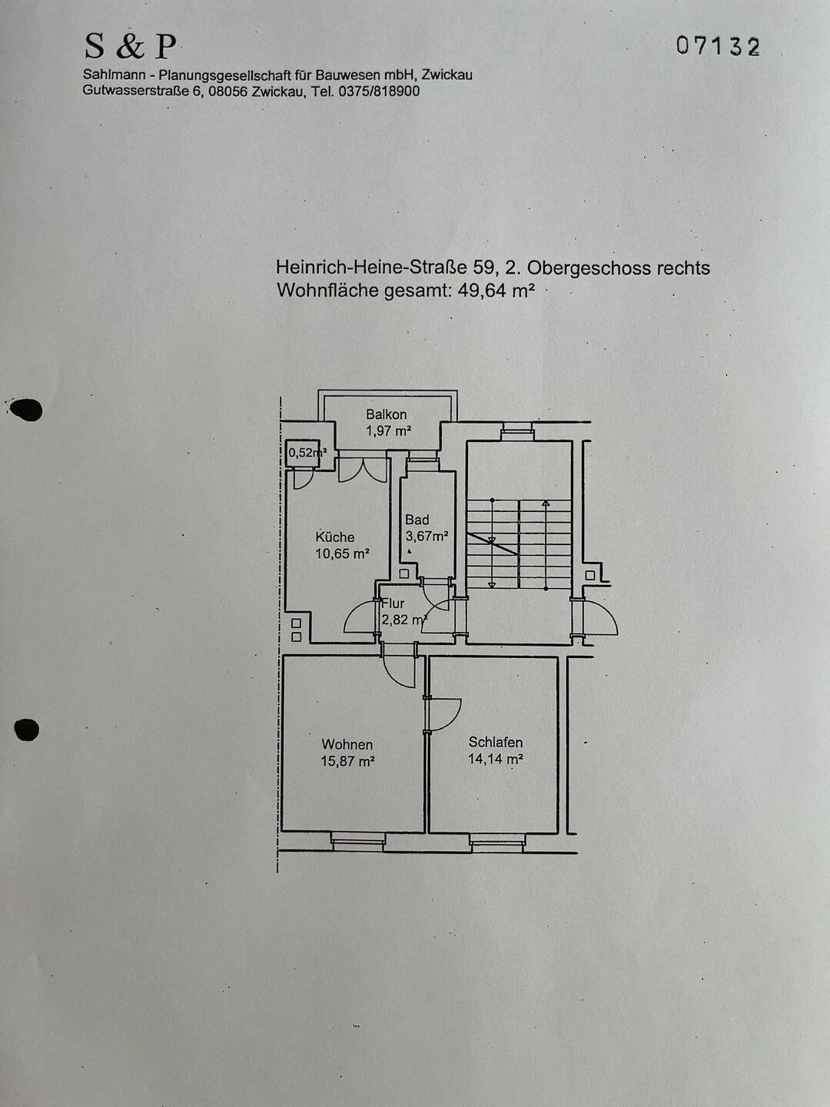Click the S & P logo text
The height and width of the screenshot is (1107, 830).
131,47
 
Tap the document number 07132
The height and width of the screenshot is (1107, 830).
718,47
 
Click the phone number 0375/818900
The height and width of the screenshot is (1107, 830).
379,91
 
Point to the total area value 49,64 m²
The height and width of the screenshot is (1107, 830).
496,291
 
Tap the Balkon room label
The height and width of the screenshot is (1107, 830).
387,414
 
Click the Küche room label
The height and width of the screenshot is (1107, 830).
335,537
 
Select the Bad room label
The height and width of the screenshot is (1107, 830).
417,520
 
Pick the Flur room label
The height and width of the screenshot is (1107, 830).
393,603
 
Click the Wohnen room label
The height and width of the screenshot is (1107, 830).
347,744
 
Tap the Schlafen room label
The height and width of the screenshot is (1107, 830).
496,742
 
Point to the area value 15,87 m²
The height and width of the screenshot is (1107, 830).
347,761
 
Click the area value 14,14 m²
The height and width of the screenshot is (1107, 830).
496,759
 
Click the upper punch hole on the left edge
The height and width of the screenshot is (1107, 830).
28,411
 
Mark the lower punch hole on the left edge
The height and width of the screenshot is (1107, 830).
27,729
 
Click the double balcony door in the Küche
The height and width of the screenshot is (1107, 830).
363,469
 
